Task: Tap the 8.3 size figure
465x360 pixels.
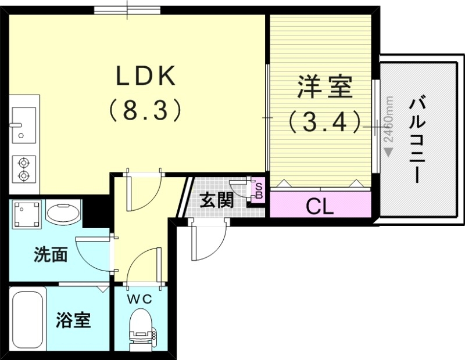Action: coord(146,109)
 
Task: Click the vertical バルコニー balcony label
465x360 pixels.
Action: coord(416,139)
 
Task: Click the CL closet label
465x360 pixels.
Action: coord(320,206)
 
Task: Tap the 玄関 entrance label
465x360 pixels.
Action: coord(217,200)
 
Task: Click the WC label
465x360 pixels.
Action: coord(140,299)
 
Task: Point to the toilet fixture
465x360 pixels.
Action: coord(141,328)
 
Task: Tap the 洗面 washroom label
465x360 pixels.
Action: coord(51,254)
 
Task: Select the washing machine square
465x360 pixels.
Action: coord(27,214)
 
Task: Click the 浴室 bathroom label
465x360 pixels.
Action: coord(73,320)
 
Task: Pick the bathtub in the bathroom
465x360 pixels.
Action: coord(28,319)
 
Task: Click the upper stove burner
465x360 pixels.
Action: coord(24,163)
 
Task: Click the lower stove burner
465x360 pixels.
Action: coord(24,175)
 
